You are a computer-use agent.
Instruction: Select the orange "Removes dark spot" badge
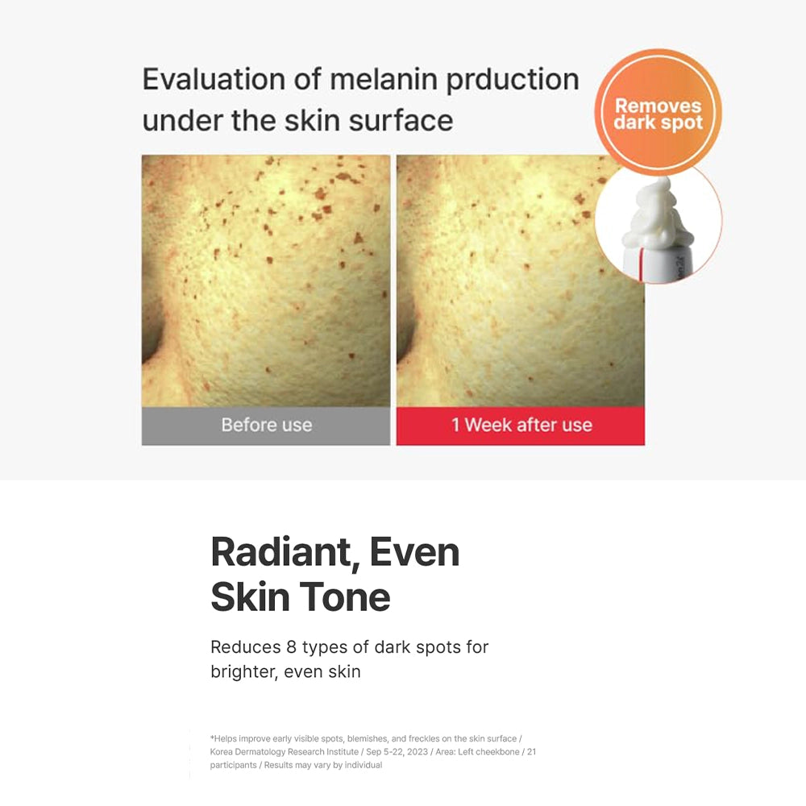[658, 112]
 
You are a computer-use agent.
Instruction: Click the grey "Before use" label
[266, 426]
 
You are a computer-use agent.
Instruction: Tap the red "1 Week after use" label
[521, 426]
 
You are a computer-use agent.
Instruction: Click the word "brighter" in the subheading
[243, 671]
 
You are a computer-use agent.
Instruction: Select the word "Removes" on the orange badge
[658, 106]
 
